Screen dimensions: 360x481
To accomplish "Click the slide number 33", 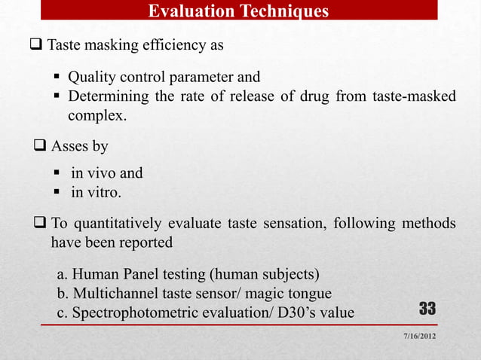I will click(x=427, y=309).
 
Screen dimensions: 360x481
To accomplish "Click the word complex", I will click(x=97, y=117).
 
